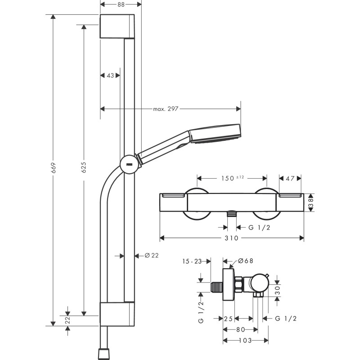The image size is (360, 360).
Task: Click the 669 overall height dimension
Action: coord(53,168)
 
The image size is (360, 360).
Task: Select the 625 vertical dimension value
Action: coord(84,168)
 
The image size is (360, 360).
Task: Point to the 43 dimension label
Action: coord(110,76)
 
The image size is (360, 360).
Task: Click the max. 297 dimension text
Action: coord(166,108)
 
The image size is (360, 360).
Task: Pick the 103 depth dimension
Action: coord(246,341)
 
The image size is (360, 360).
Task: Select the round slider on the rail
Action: coord(129,164)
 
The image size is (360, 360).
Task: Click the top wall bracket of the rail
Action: coord(117,27)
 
